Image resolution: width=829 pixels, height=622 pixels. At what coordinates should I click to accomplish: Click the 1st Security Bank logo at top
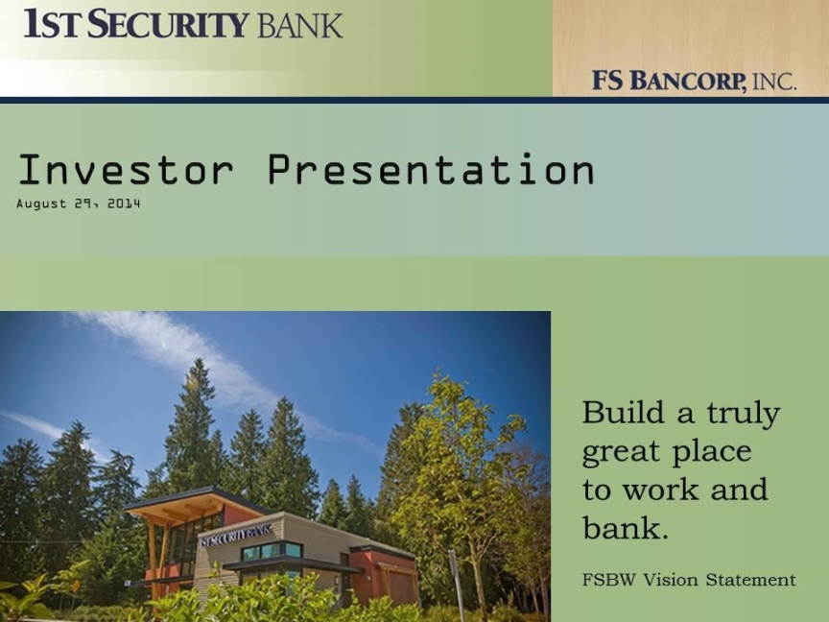tap(183, 23)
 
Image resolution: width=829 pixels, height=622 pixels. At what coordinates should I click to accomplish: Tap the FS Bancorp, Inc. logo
tap(694, 81)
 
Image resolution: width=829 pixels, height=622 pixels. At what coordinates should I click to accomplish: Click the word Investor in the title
tap(126, 169)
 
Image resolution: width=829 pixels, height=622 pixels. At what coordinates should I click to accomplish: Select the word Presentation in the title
tap(431, 169)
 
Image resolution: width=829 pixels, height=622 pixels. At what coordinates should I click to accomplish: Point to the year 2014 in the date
tap(124, 203)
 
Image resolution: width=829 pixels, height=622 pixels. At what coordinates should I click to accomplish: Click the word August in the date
tap(42, 204)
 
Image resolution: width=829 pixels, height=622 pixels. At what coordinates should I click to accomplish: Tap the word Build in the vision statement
tap(623, 412)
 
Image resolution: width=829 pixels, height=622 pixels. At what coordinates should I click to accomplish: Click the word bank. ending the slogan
tap(626, 527)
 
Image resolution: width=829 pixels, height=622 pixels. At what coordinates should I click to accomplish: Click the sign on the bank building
tap(236, 536)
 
